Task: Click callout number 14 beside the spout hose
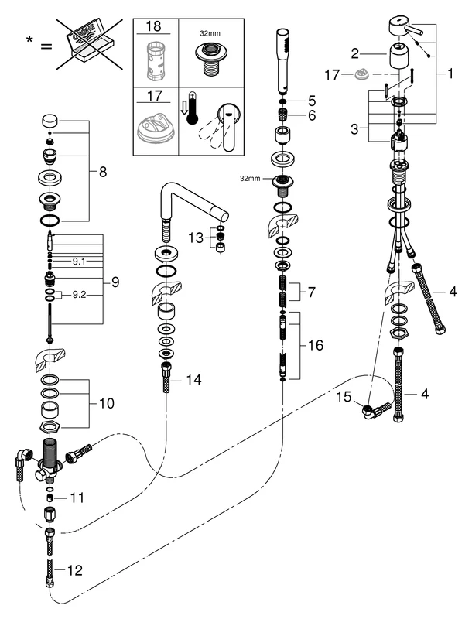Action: pos(193,379)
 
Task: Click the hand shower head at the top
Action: pos(282,48)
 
